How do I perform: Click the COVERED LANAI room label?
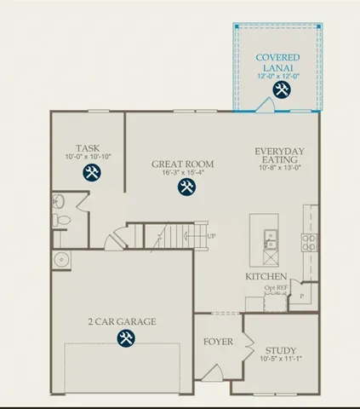(277, 62)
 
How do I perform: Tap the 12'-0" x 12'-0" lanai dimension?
(277, 76)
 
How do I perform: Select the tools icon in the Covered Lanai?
(280, 89)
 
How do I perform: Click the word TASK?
(88, 147)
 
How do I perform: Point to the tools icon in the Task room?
(92, 173)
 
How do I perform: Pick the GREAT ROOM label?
(182, 164)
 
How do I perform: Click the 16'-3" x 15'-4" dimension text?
(183, 173)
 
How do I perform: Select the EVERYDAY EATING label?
(277, 156)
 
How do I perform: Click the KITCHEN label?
(266, 278)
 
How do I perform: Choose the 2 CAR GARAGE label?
(121, 321)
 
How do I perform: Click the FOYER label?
(217, 343)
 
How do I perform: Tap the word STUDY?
(279, 350)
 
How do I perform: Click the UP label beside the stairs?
(211, 236)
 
